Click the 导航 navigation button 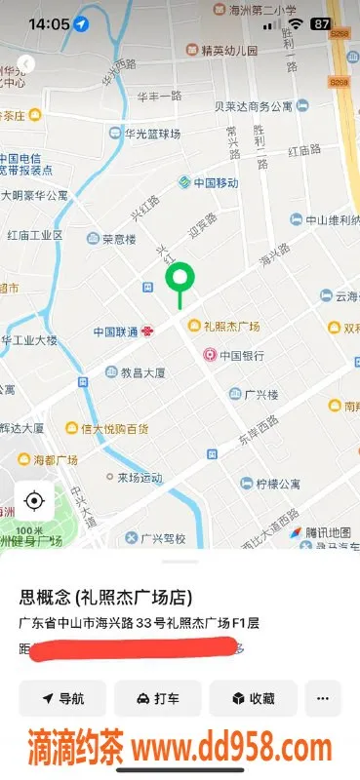click(x=62, y=698)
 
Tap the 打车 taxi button click(x=157, y=698)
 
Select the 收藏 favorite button click(x=252, y=698)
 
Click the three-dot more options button click(x=323, y=698)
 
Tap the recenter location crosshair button click(x=34, y=502)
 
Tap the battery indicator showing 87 click(x=320, y=23)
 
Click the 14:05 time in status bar click(x=49, y=23)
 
